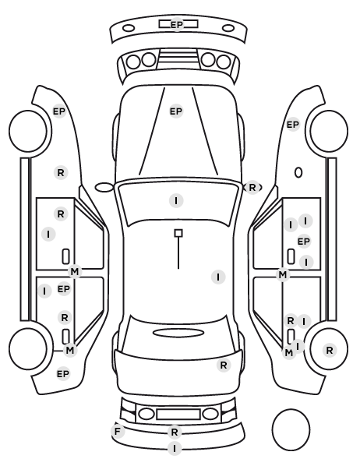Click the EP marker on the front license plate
[177, 24]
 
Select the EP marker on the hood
[176, 111]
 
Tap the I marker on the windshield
[176, 200]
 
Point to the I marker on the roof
[218, 277]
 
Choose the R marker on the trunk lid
[224, 365]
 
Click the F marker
[118, 431]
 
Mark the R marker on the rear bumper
[175, 432]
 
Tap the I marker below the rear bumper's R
[175, 448]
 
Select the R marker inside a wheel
[330, 351]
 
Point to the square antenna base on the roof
[178, 233]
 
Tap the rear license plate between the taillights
[178, 415]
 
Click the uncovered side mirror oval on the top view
[104, 184]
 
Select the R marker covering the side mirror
[252, 188]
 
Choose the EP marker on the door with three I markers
[303, 242]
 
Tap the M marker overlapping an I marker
[289, 353]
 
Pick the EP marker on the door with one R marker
[63, 289]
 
